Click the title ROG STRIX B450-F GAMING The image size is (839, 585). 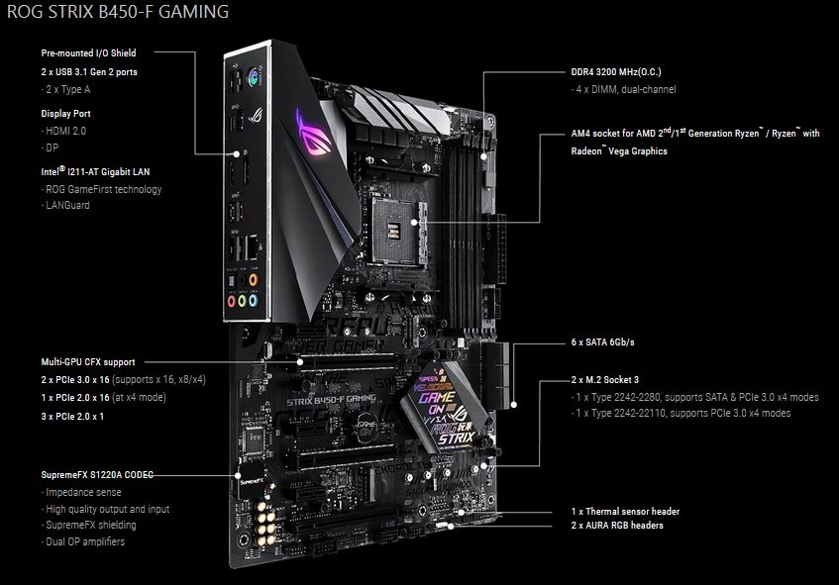pos(118,11)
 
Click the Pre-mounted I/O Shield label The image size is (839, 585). pos(88,52)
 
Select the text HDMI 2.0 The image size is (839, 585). pos(65,131)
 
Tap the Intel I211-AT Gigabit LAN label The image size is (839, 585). pos(95,171)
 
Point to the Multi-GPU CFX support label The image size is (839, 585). pos(88,362)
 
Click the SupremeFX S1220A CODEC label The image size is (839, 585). pos(97,475)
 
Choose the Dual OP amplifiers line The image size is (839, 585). pos(84,541)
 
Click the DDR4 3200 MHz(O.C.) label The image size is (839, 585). pos(616,71)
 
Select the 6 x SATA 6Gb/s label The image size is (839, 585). pos(602,342)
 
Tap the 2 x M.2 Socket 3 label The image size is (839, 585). pos(604,380)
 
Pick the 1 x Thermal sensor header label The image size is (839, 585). pos(625,511)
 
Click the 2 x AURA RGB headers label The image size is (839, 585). pos(617,525)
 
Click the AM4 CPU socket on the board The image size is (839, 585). pos(397,231)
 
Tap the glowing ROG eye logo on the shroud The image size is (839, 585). pos(314,133)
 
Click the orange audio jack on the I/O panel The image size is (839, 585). pos(254,280)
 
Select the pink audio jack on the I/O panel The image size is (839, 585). pos(231,301)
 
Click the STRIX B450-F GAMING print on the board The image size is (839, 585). pos(332,400)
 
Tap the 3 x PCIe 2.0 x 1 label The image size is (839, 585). pos(72,416)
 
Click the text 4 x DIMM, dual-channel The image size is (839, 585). pos(625,89)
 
